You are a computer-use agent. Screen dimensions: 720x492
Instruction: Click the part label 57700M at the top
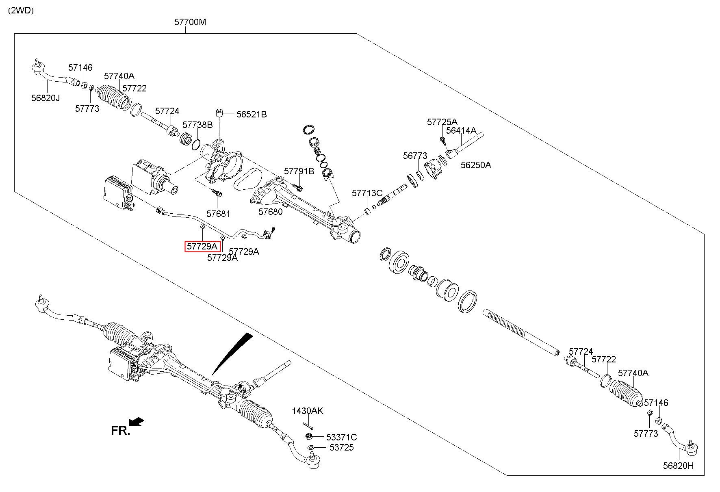(x=190, y=22)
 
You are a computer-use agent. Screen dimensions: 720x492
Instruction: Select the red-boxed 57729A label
(x=202, y=246)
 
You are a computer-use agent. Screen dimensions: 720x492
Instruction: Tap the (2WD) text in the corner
(x=21, y=11)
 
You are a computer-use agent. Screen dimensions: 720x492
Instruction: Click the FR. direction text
(x=120, y=431)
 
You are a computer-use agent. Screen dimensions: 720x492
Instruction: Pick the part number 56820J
(x=46, y=98)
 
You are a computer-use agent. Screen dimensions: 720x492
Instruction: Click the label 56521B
(x=252, y=115)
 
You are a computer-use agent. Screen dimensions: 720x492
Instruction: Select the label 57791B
(x=299, y=171)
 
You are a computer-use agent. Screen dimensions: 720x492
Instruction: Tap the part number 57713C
(x=367, y=193)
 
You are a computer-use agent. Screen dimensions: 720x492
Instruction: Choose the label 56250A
(x=475, y=165)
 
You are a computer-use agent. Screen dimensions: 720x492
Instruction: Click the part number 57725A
(x=442, y=122)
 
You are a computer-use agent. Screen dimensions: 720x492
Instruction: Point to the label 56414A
(x=461, y=130)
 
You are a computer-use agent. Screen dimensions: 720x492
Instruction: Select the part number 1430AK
(x=308, y=411)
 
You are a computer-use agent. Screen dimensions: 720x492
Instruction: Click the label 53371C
(x=341, y=437)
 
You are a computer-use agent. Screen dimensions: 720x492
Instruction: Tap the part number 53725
(x=341, y=447)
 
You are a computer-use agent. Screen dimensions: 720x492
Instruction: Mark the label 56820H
(x=679, y=466)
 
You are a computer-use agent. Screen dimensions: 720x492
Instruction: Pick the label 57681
(x=218, y=214)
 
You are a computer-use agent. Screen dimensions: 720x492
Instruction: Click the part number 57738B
(x=197, y=125)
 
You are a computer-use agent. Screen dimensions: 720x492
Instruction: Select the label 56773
(x=415, y=156)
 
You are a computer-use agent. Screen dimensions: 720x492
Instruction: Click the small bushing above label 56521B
(x=220, y=112)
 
